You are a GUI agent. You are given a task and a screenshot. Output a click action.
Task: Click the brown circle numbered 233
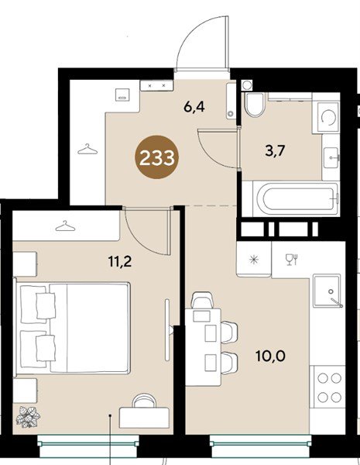tap(156, 158)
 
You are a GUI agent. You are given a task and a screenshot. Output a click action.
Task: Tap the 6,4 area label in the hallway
tap(194, 107)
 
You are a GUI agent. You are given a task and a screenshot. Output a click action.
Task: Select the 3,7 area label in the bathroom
tap(274, 151)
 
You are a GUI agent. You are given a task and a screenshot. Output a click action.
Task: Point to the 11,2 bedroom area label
tap(120, 262)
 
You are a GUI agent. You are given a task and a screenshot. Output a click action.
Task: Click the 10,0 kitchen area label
tap(270, 356)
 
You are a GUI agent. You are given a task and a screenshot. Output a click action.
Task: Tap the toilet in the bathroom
tap(254, 104)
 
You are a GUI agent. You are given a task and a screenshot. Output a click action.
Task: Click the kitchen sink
tap(327, 291)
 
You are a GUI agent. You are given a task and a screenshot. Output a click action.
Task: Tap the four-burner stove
tap(327, 387)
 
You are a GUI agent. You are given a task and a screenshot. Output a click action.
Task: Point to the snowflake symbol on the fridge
tap(254, 260)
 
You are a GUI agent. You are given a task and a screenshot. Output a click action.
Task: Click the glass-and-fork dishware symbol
tap(291, 259)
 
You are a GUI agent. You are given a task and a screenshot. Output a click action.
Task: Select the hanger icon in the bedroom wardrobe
tap(65, 226)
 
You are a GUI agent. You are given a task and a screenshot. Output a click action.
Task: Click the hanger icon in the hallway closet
tap(87, 149)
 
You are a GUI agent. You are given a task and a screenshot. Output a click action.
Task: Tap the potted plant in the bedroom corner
tap(29, 417)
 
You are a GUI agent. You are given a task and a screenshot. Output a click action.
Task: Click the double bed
tap(73, 327)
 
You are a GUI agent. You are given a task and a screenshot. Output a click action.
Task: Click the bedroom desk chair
tap(144, 401)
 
